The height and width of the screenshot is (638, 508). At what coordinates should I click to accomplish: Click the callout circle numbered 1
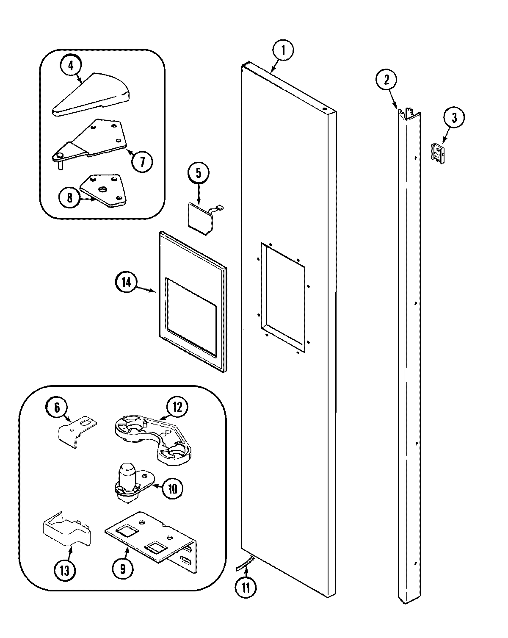pos(283,50)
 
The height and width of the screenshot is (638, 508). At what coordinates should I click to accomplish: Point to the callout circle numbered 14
pos(126,282)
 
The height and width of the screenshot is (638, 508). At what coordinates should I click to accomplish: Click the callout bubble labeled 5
pos(198,175)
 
